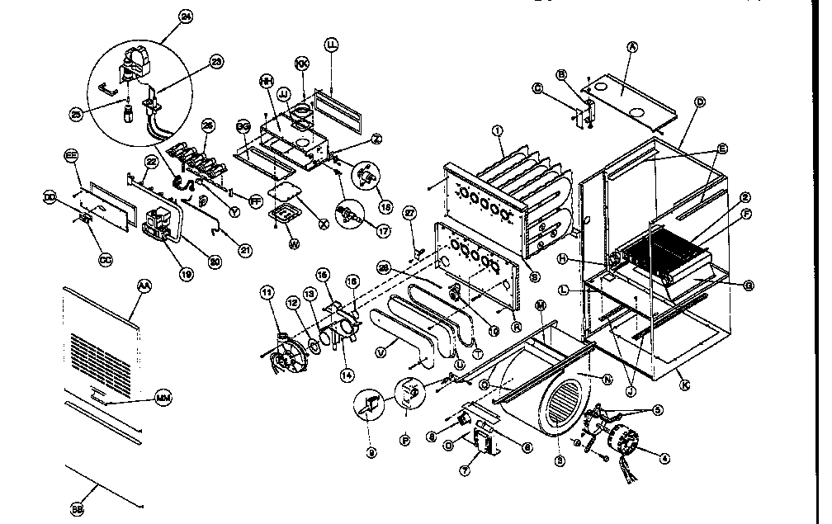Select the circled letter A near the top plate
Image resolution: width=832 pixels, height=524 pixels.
(x=632, y=48)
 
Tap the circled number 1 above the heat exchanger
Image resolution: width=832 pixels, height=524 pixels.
(x=498, y=130)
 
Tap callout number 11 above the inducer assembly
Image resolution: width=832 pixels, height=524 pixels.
(x=266, y=291)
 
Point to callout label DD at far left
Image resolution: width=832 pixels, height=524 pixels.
(x=49, y=199)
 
